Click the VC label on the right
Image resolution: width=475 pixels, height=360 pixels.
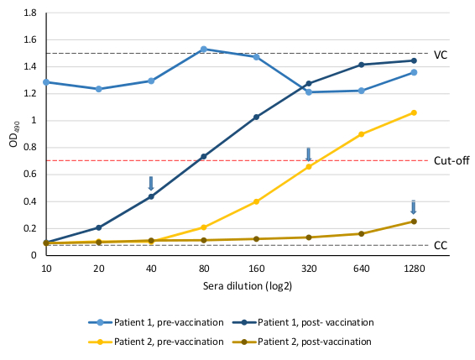pyautogui.click(x=441, y=54)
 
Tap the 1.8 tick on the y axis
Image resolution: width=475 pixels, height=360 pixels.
pyautogui.click(x=29, y=13)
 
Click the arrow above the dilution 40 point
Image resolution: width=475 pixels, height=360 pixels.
pyautogui.click(x=151, y=183)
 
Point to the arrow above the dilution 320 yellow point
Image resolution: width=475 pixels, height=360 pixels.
pyautogui.click(x=309, y=154)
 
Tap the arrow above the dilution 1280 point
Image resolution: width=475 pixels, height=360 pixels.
pyautogui.click(x=414, y=207)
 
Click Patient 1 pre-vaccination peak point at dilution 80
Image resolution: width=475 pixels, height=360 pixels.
pyautogui.click(x=203, y=50)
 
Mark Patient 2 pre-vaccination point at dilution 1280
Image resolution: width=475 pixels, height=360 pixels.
pyautogui.click(x=414, y=112)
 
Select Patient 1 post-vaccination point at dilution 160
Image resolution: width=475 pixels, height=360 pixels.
pyautogui.click(x=256, y=117)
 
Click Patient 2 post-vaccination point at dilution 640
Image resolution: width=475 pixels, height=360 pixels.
pyautogui.click(x=361, y=233)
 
